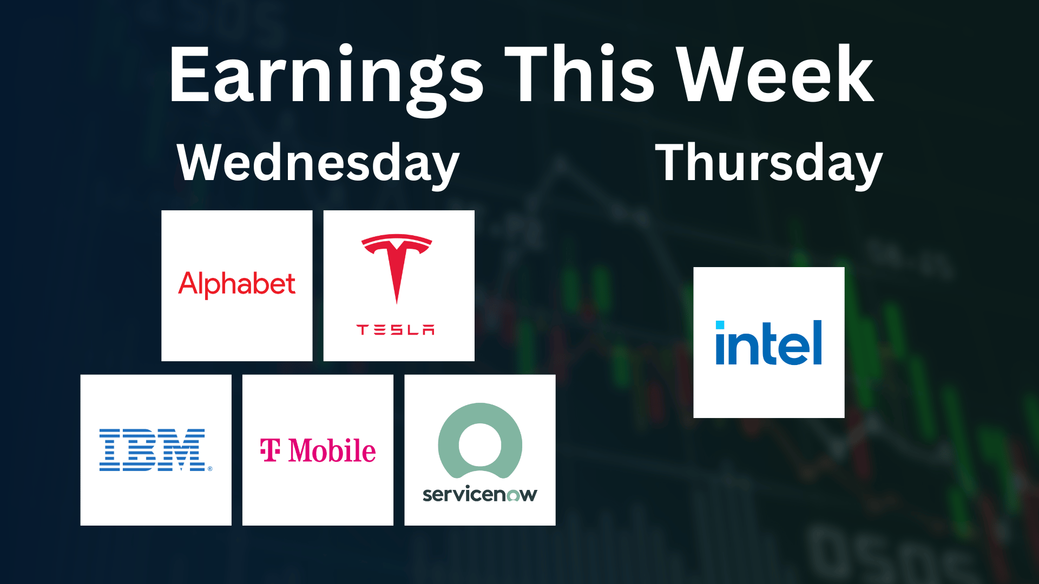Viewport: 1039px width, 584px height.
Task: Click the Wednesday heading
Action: pyautogui.click(x=318, y=163)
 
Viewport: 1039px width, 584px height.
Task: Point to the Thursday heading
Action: pyautogui.click(x=769, y=163)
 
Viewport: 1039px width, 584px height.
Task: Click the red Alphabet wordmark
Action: pyautogui.click(x=237, y=284)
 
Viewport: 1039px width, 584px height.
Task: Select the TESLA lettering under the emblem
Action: pyautogui.click(x=396, y=330)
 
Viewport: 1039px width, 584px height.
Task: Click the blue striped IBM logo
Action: pyautogui.click(x=152, y=450)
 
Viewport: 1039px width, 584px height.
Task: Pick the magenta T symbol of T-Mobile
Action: pyautogui.click(x=270, y=450)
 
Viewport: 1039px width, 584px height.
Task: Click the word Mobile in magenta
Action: pyautogui.click(x=332, y=450)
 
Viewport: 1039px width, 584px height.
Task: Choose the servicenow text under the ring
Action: pyautogui.click(x=480, y=494)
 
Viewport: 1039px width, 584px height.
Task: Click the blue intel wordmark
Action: pyautogui.click(x=769, y=342)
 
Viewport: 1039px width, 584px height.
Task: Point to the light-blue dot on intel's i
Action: pyautogui.click(x=720, y=325)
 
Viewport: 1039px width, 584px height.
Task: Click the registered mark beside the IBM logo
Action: pyautogui.click(x=210, y=469)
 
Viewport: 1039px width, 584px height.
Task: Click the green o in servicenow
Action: pyautogui.click(x=513, y=495)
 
